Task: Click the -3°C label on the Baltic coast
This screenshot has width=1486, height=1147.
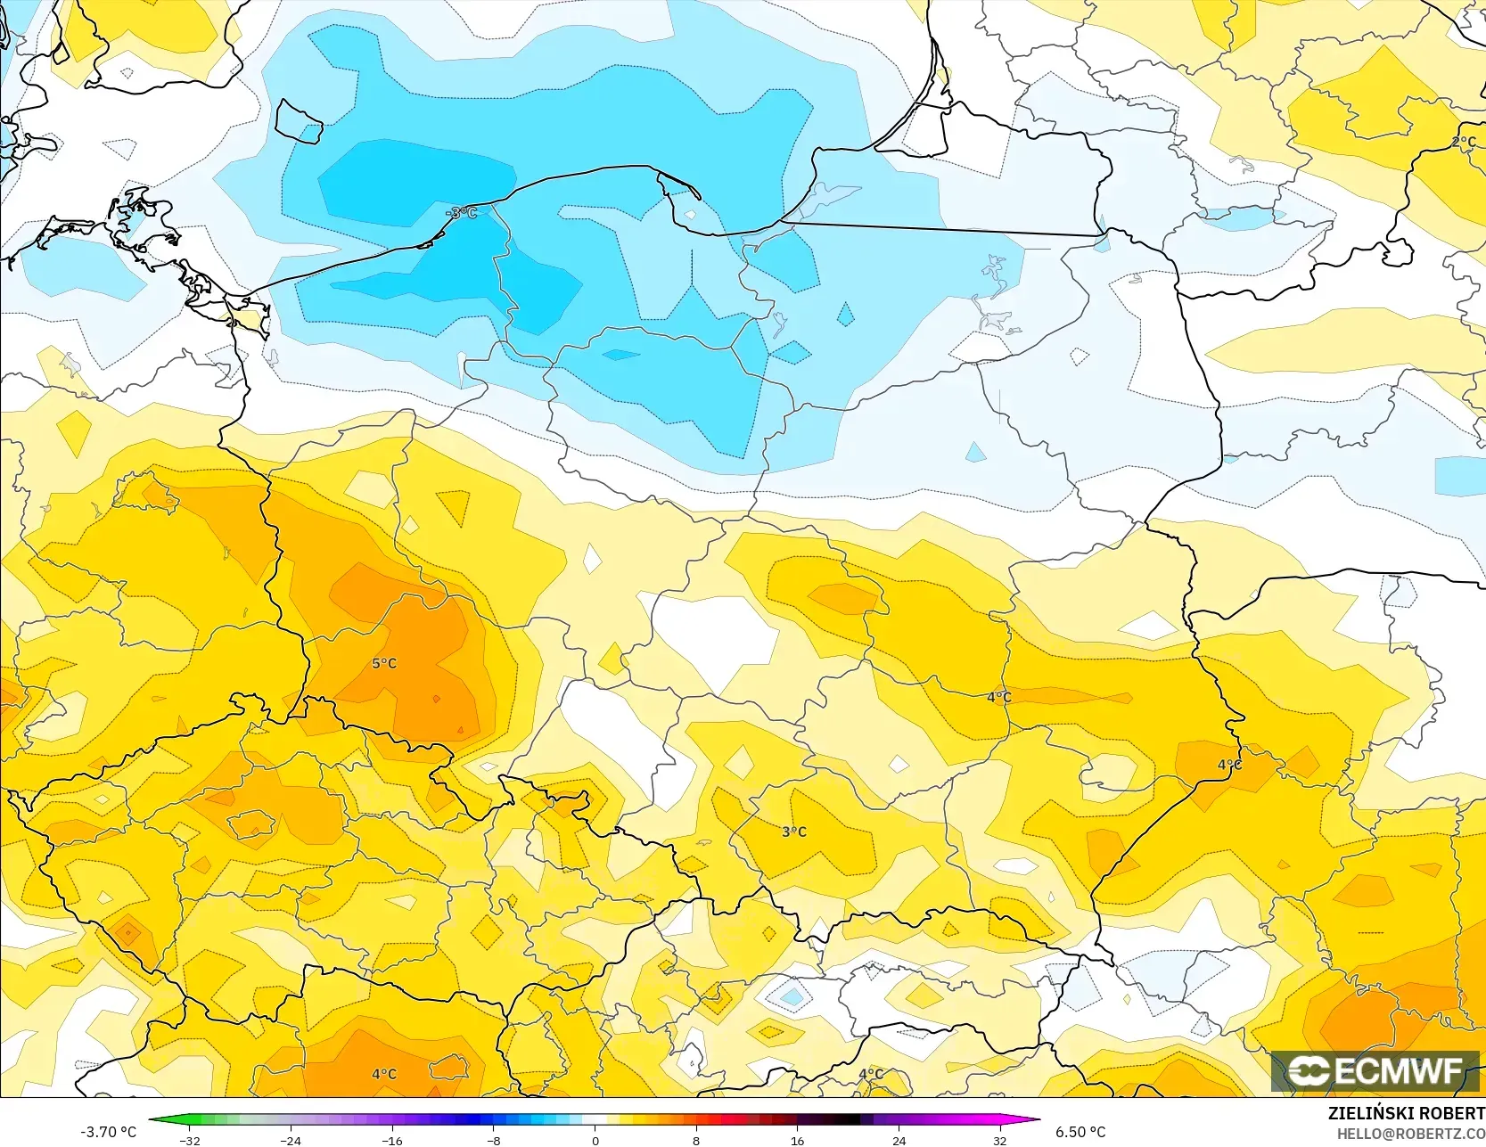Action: [x=462, y=212]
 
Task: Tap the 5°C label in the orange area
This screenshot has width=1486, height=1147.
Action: [x=384, y=663]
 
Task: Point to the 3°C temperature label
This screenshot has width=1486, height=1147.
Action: [x=794, y=832]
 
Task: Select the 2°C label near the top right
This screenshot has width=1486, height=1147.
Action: [x=1463, y=143]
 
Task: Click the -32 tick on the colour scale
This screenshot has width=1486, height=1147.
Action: [x=190, y=1140]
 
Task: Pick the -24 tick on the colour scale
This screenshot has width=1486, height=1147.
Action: [x=291, y=1140]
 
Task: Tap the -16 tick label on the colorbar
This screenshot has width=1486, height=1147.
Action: [x=392, y=1140]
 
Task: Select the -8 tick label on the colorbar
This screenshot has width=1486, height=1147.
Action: [x=494, y=1140]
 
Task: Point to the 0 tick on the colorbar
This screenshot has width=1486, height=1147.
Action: [x=595, y=1140]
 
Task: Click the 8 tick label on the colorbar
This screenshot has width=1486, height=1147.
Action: [x=696, y=1140]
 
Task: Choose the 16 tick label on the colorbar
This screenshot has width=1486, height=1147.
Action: [x=797, y=1140]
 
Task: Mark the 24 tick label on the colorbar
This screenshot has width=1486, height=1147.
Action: [x=899, y=1140]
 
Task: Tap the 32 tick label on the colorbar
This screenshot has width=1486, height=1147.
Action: [x=1000, y=1140]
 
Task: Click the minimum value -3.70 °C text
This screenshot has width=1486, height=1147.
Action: [x=109, y=1132]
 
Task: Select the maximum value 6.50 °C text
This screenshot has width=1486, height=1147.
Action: [x=1080, y=1132]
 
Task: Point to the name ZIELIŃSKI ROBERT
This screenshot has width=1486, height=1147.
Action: [x=1406, y=1113]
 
